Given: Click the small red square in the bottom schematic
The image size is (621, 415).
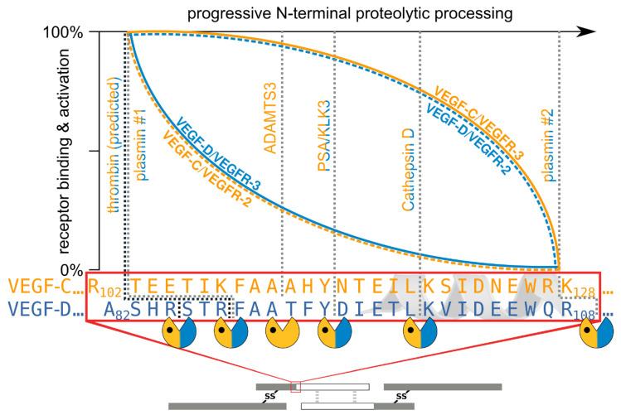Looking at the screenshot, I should pyautogui.click(x=294, y=384).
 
